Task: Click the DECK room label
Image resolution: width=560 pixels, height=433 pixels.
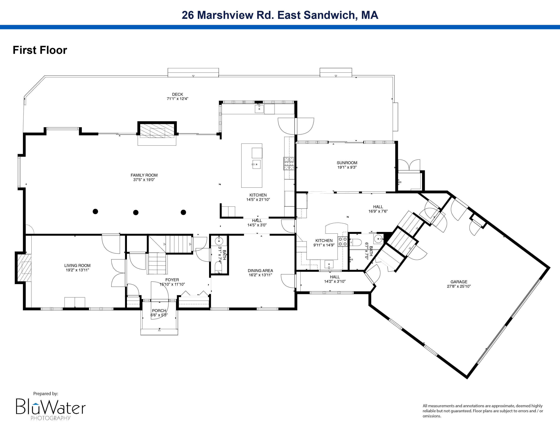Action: click(178, 94)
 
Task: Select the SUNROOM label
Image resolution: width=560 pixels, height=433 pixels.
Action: click(347, 163)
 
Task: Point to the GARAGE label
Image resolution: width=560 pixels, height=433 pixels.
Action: click(459, 282)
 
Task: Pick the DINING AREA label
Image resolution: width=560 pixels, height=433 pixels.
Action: click(260, 271)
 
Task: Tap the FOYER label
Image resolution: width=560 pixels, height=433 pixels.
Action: click(172, 280)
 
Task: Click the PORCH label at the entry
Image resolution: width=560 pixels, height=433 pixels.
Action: click(159, 311)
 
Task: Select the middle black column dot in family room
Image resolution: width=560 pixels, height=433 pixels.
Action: click(136, 212)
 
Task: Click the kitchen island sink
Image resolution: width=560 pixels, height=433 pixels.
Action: click(256, 164)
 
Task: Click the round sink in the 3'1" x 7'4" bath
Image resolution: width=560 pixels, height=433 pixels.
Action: click(219, 241)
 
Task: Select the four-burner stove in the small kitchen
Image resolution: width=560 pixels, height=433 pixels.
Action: click(343, 242)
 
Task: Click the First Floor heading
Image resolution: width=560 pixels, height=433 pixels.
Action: click(40, 50)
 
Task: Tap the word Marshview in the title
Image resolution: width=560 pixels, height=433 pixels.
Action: click(225, 15)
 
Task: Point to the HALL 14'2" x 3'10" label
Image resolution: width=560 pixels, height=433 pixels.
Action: click(335, 277)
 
